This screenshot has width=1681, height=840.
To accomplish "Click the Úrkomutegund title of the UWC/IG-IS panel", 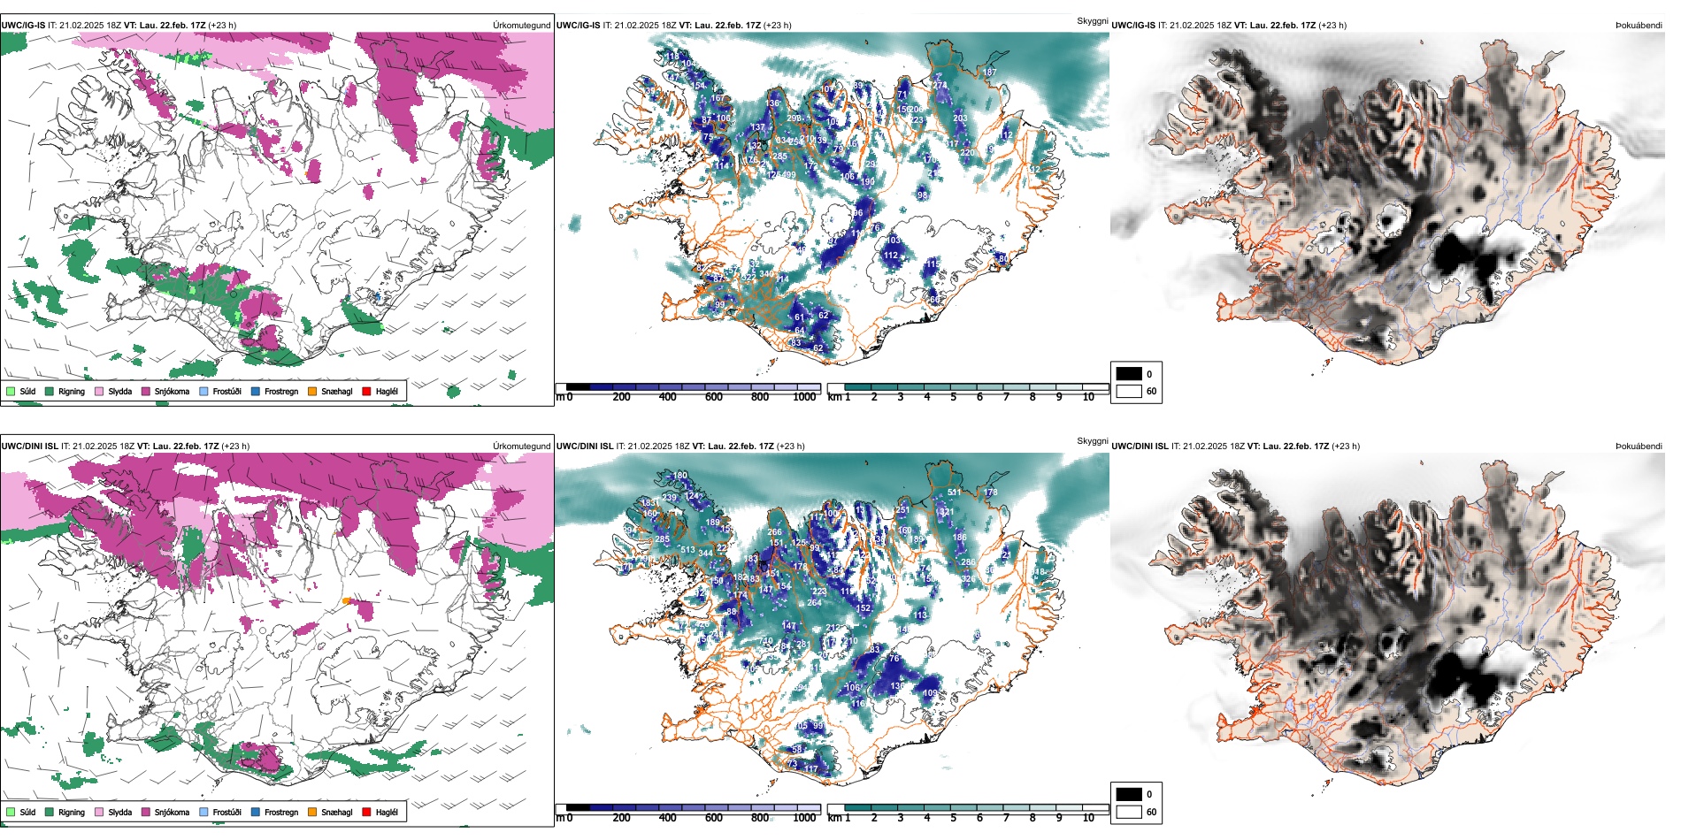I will (521, 26).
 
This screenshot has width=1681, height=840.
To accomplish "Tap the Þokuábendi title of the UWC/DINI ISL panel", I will (1639, 447).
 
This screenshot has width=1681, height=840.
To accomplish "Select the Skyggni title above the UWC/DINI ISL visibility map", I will (1092, 440).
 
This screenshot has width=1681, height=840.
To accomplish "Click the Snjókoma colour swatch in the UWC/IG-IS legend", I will (146, 391).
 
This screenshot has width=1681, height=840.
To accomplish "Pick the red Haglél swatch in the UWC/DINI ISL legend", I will (367, 812).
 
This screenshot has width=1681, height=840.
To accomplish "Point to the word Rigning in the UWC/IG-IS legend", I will (72, 391).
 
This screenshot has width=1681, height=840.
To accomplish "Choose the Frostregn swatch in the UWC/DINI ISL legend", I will (256, 812).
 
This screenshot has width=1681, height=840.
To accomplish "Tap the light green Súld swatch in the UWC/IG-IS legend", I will (11, 391).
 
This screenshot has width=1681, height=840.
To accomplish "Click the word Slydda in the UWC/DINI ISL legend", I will (119, 812).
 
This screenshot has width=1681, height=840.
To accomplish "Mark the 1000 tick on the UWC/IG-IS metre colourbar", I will (804, 397).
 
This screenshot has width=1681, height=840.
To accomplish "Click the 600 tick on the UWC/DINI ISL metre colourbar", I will (714, 818).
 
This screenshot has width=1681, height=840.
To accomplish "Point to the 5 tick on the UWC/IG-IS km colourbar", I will (953, 397).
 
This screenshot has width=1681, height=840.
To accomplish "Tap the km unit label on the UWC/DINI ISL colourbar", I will (834, 818).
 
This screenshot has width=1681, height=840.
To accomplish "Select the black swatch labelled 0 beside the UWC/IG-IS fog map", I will (1129, 374).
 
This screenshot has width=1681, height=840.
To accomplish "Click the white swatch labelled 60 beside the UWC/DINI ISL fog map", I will (1129, 812).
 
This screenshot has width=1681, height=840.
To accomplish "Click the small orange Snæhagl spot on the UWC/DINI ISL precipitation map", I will (346, 601).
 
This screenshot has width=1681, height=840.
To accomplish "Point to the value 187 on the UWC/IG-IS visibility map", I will (989, 73).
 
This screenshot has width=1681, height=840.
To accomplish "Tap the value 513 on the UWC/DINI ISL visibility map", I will (687, 550).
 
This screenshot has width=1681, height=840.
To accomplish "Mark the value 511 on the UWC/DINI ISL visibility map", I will (954, 493).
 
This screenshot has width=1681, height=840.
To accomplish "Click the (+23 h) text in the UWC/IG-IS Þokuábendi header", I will (1332, 26).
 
